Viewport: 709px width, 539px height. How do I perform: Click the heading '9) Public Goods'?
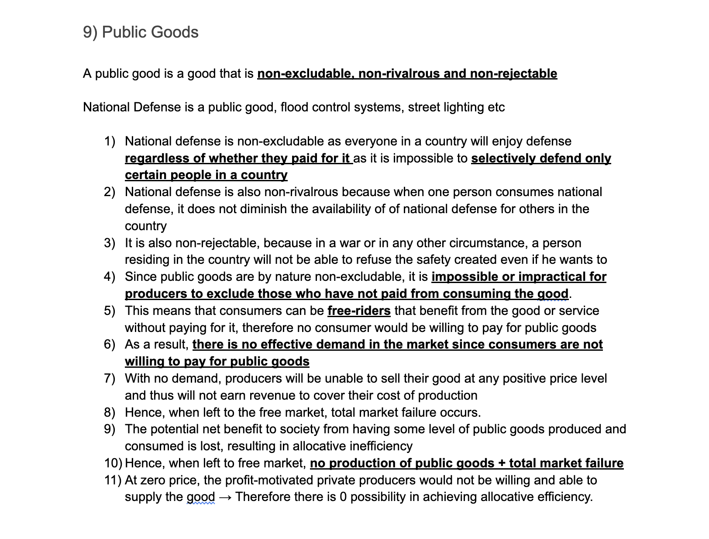pos(141,32)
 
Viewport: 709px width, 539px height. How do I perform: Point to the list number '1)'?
pos(110,142)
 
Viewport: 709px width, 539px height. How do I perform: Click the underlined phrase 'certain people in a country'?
pos(206,175)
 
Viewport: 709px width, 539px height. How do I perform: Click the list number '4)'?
pos(110,277)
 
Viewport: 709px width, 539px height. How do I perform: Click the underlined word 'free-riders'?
pos(359,311)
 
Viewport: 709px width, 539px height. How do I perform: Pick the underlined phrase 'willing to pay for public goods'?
pos(217,362)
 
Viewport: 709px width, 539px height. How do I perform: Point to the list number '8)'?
pos(110,412)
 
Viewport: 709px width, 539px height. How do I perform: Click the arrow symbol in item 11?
pos(225,497)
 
